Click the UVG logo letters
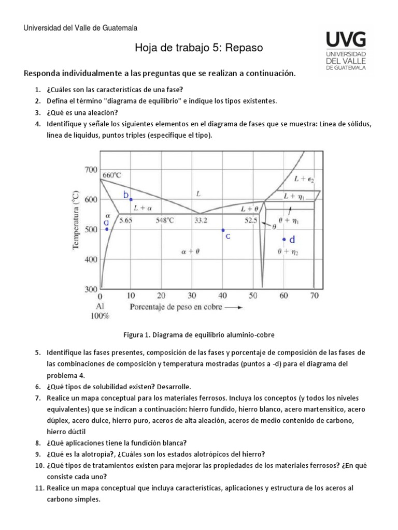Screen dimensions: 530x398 click(x=346, y=40)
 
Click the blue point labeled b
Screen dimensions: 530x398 click(x=131, y=200)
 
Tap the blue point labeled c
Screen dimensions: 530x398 click(x=223, y=230)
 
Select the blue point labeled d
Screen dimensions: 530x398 click(x=284, y=239)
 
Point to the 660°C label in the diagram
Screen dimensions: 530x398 click(x=111, y=175)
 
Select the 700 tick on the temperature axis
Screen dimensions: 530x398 click(x=90, y=170)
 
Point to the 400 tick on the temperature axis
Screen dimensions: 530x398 click(x=90, y=260)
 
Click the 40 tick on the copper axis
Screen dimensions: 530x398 click(x=223, y=296)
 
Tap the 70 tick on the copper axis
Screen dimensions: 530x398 click(x=314, y=296)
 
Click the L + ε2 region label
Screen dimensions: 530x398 click(x=304, y=179)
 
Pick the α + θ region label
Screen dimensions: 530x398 click(x=190, y=252)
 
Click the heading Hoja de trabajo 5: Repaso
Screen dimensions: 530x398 click(x=198, y=48)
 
